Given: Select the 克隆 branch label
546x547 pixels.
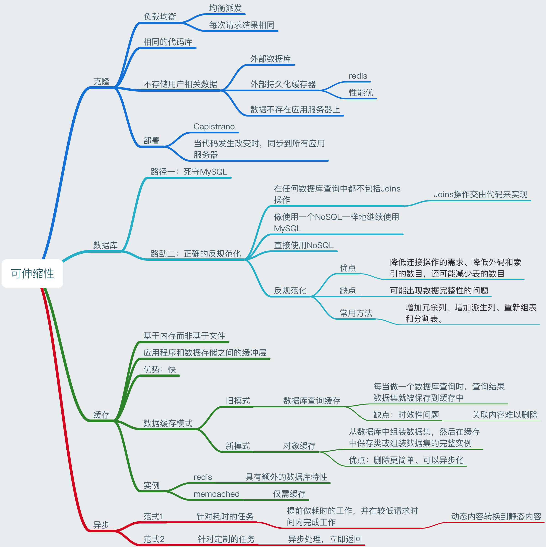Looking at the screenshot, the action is click(x=101, y=82).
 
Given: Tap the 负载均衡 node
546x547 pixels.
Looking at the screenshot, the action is click(x=160, y=16).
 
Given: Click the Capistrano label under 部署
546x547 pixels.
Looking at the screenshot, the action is click(x=214, y=127).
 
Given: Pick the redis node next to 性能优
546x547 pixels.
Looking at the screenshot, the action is click(x=358, y=76).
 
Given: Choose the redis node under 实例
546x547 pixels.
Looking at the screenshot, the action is click(x=202, y=477).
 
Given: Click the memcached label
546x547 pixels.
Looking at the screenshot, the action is click(x=216, y=494).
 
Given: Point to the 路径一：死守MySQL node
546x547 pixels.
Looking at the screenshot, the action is click(x=189, y=172).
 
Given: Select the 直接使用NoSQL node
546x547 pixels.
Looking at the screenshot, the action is click(x=304, y=245).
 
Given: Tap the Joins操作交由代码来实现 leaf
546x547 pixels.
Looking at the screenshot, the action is click(x=480, y=194).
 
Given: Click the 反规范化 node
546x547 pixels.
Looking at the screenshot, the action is click(x=290, y=290).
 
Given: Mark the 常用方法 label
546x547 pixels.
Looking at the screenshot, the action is click(x=356, y=313).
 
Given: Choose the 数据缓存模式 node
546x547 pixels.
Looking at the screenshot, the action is click(x=168, y=423).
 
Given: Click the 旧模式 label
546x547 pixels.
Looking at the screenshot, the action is click(x=238, y=401).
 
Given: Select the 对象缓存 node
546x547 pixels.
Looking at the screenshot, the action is click(x=299, y=446).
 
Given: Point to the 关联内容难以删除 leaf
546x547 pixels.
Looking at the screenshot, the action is click(x=505, y=415).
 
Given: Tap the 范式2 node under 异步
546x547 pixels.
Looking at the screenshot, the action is click(x=154, y=539).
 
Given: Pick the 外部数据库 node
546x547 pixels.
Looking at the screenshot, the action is click(x=270, y=59).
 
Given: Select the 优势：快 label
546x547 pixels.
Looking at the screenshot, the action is click(x=160, y=369).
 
